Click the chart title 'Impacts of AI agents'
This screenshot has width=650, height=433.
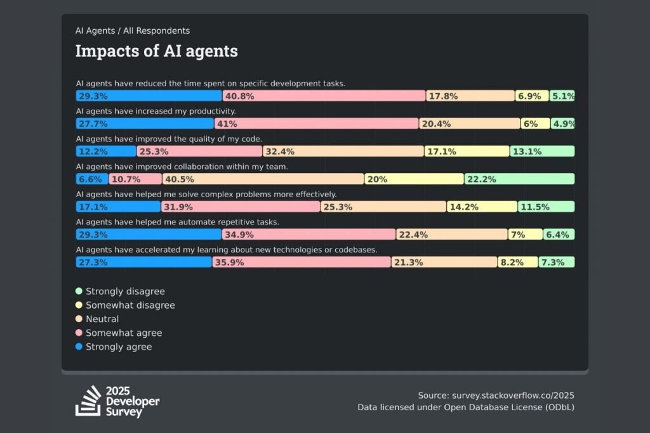(x=156, y=51)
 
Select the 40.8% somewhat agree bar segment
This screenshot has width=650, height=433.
(x=324, y=96)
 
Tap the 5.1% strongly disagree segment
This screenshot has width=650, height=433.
(x=562, y=96)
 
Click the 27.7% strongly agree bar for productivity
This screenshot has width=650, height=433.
(x=145, y=124)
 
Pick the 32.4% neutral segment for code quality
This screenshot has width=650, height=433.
(x=343, y=152)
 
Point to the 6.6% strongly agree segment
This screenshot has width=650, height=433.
(x=92, y=179)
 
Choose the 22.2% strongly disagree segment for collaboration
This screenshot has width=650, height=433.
(x=519, y=179)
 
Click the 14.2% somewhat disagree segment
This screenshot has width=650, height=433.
(x=482, y=207)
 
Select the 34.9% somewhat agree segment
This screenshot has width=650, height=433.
(x=309, y=235)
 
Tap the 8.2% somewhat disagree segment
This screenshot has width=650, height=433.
(x=518, y=262)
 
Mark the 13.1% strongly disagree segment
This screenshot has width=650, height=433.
(x=542, y=152)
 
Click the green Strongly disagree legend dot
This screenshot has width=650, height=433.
(x=79, y=292)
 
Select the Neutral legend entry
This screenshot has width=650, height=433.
(x=102, y=319)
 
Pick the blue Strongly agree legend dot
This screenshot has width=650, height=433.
(x=79, y=347)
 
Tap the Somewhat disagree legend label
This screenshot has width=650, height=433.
(x=130, y=306)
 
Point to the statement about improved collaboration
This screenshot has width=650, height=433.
(x=182, y=167)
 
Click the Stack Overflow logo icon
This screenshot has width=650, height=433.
(x=88, y=401)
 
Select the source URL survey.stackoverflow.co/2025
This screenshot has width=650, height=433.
(x=496, y=396)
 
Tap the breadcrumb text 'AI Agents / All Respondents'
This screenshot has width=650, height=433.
(x=133, y=30)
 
